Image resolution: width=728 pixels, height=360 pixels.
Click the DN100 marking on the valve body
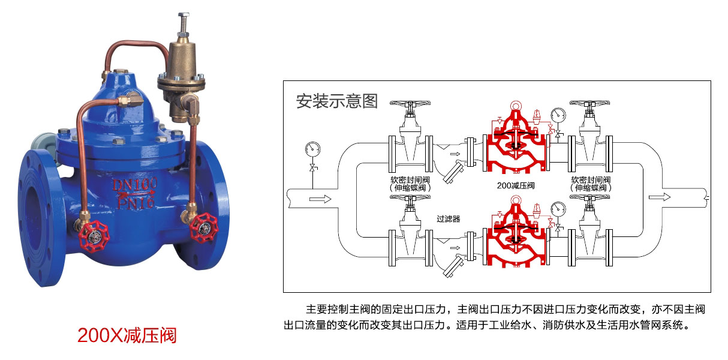(x=134, y=184)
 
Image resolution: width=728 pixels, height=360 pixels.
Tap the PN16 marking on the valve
(x=136, y=203)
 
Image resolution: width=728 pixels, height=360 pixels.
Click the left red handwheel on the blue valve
(x=94, y=236)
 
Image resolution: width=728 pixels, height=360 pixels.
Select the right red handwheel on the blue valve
(x=204, y=228)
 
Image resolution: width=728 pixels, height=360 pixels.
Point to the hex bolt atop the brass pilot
(x=184, y=16)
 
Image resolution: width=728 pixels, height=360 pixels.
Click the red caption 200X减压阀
(x=127, y=335)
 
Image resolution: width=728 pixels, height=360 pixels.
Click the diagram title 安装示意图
(x=336, y=101)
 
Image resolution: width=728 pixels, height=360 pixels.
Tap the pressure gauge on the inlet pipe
(x=312, y=149)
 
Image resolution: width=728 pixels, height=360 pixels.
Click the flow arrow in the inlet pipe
(x=320, y=199)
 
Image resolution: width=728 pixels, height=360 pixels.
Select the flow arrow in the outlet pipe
(x=660, y=197)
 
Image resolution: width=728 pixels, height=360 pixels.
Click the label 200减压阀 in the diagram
(x=516, y=185)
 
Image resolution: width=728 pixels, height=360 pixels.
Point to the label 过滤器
(x=449, y=219)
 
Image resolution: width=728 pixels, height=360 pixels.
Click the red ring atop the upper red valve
(x=516, y=106)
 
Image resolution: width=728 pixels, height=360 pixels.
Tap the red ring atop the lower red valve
(x=516, y=200)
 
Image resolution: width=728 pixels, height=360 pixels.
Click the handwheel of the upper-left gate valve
(x=410, y=103)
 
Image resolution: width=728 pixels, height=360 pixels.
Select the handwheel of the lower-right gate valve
(x=589, y=197)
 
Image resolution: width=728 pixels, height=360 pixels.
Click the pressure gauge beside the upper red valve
(x=558, y=115)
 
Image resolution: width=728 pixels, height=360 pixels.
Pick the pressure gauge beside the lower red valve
(x=558, y=209)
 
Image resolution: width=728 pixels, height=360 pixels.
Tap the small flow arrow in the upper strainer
(x=455, y=154)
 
